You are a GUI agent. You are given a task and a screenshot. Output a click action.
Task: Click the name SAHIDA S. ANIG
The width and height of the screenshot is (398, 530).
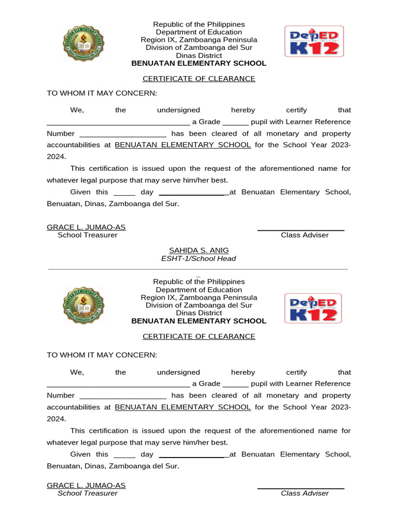coord(199,251)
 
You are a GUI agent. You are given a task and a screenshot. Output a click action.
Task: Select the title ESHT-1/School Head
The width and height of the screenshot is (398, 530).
coord(199,258)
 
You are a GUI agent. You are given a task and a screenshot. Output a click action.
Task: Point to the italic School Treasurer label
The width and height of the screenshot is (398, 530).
coord(88,493)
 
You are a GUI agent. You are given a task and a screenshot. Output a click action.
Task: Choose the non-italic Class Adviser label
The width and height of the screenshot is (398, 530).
coord(305,235)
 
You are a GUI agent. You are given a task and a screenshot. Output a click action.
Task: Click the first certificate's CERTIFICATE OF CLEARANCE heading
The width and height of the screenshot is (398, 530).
coord(199,79)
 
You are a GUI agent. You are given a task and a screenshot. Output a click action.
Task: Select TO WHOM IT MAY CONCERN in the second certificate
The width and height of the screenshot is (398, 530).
coord(102,355)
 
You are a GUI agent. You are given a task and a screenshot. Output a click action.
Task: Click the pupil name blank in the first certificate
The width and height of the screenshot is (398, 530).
coord(118,123)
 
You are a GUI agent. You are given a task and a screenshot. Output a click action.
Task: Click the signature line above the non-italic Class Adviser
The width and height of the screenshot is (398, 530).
coord(301,229)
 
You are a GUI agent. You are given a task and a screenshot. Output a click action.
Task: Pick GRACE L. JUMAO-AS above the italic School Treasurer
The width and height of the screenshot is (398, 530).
coord(86,485)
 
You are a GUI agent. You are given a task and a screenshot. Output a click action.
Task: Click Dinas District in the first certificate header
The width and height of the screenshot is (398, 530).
coord(199,55)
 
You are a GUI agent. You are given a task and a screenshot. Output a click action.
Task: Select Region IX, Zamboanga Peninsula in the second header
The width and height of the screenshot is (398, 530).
coord(199,298)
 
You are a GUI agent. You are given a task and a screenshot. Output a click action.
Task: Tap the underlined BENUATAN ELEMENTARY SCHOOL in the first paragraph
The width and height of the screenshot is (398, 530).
coord(182,145)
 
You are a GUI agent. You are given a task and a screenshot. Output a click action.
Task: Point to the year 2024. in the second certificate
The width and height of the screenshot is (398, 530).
coord(56,419)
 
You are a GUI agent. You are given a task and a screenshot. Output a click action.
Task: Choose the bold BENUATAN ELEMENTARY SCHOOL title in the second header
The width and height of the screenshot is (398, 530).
coord(199,321)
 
